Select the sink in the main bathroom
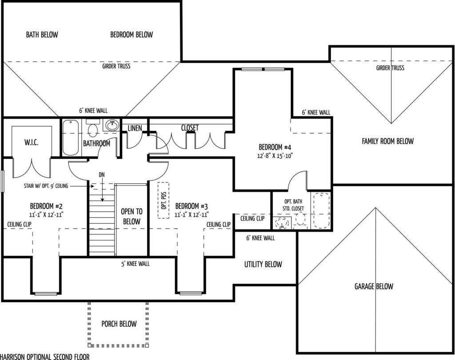[x=112, y=125]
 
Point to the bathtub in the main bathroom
[x=71, y=138]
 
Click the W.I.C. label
[x=32, y=142]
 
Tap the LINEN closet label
[x=135, y=128]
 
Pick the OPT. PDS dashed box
[x=164, y=200]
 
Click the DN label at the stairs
[x=102, y=174]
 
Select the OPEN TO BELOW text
[x=132, y=217]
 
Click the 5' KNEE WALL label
[x=136, y=264]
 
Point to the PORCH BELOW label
[x=119, y=324]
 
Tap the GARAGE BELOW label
[x=374, y=286]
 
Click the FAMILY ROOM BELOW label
[x=387, y=141]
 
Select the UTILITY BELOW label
[x=263, y=265]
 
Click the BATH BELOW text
[x=42, y=35]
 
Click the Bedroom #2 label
[x=46, y=206]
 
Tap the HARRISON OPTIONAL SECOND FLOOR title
[x=45, y=356]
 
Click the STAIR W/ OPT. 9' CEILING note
[x=46, y=186]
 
